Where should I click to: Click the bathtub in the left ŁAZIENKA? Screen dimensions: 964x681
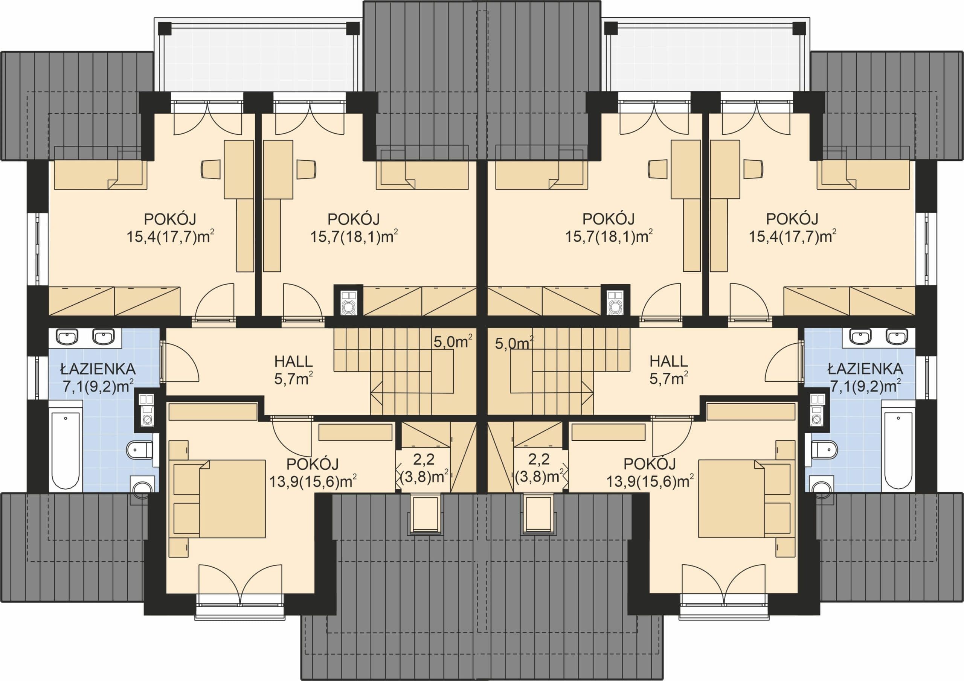(66, 445)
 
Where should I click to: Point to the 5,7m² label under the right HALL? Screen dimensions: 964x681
(668, 379)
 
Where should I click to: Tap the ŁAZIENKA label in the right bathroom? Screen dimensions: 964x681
(865, 369)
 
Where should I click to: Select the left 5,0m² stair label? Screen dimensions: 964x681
(453, 342)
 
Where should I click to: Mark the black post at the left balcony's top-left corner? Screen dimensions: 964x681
(165, 28)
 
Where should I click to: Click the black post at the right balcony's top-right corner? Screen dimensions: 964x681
(799, 28)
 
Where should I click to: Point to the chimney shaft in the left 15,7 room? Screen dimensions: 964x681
(348, 301)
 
